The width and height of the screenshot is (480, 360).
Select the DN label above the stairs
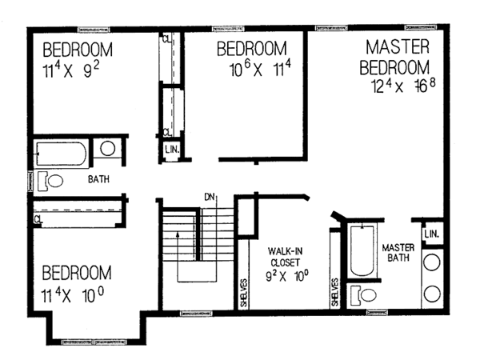[x=209, y=195]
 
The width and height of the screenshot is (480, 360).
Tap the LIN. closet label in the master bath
[x=432, y=234]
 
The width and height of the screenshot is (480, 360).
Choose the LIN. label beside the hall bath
[x=170, y=150]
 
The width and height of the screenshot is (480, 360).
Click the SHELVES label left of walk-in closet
[x=243, y=291]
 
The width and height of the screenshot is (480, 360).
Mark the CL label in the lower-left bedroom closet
[x=38, y=217]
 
